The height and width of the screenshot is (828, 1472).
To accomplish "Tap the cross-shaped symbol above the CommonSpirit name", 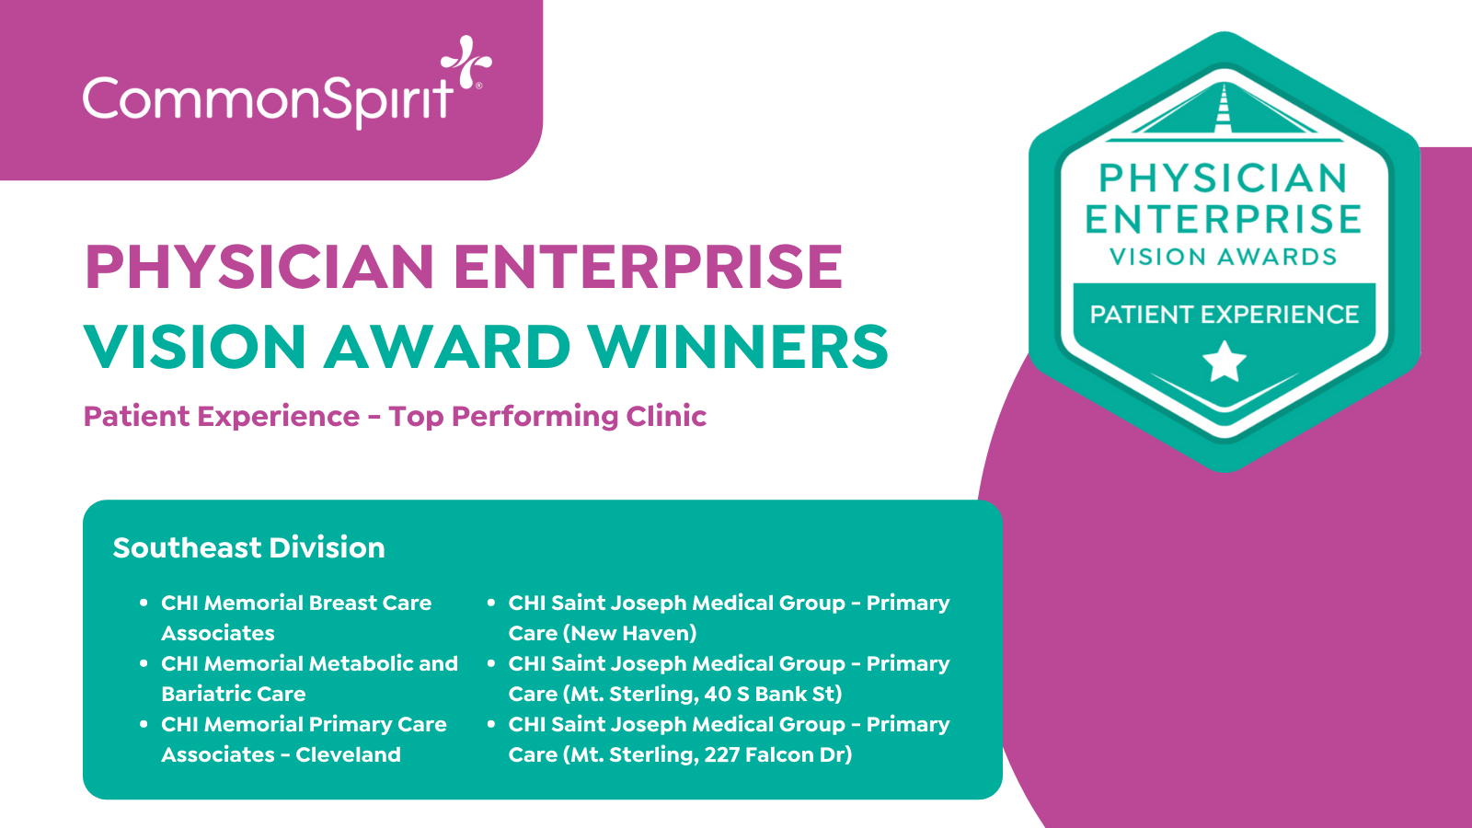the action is (466, 61).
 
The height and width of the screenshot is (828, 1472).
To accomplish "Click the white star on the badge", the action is (1225, 362).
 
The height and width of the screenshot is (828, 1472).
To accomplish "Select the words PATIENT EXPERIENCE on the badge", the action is (1225, 314).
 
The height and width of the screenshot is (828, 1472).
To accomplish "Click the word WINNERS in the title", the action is (738, 346).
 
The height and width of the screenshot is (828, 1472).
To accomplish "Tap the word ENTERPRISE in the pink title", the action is (648, 266).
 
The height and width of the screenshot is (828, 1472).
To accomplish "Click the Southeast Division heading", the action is (248, 547).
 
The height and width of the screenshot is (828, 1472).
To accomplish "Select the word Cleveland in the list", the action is (348, 754).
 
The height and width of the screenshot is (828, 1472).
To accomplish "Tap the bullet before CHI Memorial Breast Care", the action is (144, 603).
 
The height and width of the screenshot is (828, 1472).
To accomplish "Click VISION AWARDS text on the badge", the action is (1224, 257).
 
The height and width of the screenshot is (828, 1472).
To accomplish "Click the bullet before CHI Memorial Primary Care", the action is (144, 724).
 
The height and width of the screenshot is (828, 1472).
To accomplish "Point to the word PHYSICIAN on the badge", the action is (1224, 178).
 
